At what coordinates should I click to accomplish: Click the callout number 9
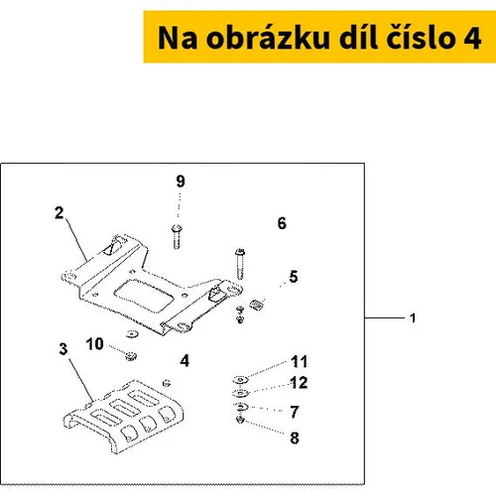click(x=181, y=182)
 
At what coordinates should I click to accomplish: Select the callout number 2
click(x=60, y=212)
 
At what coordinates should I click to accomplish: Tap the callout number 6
click(x=282, y=223)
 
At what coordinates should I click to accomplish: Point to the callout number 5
click(x=294, y=277)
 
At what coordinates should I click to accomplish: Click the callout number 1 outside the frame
click(x=413, y=318)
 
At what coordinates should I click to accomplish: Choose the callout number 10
click(x=95, y=344)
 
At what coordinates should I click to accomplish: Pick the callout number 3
click(x=63, y=349)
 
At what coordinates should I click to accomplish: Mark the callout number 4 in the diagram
click(x=185, y=360)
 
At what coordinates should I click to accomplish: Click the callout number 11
click(x=299, y=361)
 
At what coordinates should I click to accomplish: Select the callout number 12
click(x=299, y=383)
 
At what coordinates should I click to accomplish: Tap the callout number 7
click(x=295, y=412)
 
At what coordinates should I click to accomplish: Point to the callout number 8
click(x=295, y=438)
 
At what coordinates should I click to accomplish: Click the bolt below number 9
click(x=177, y=236)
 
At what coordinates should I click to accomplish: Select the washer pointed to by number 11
click(x=241, y=380)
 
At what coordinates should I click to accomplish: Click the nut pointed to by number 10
click(x=131, y=356)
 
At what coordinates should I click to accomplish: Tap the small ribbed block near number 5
click(x=257, y=305)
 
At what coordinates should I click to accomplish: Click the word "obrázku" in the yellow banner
click(x=268, y=38)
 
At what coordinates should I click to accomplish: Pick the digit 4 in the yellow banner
click(x=472, y=38)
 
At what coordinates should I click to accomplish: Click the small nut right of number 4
click(x=167, y=383)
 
